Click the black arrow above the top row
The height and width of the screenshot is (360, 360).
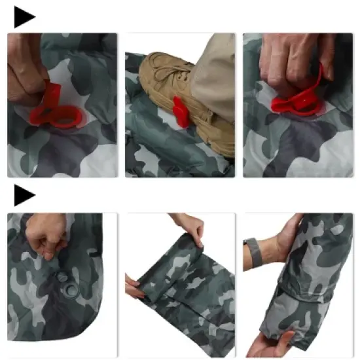pos(24,18)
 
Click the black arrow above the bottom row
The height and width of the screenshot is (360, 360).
pos(24,195)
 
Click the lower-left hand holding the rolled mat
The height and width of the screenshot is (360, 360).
pos(135,288)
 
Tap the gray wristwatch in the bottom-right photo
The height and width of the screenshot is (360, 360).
pos(253,251)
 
